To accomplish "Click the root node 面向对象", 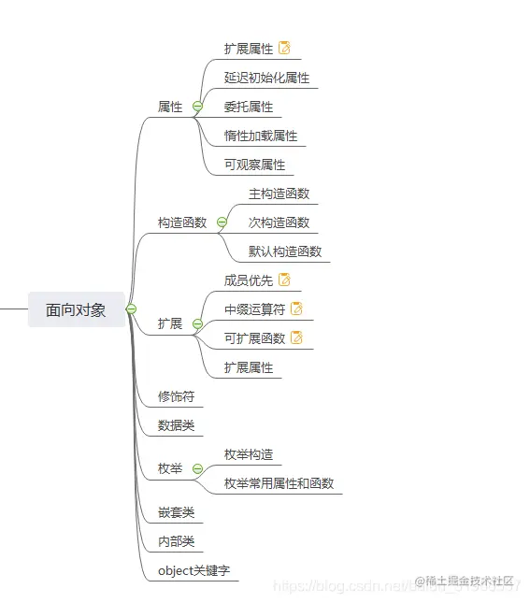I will pyautogui.click(x=76, y=309).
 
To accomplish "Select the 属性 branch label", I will pyautogui.click(x=170, y=107).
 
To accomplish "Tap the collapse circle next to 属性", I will pyautogui.click(x=197, y=107).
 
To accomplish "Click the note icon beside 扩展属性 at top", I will pyautogui.click(x=284, y=48).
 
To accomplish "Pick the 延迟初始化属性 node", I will pyautogui.click(x=266, y=78).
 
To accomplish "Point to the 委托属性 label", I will pyautogui.click(x=248, y=107).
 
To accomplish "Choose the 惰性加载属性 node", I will pyautogui.click(x=260, y=136).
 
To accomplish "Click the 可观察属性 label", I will pyautogui.click(x=254, y=165).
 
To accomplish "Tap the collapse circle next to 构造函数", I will pyautogui.click(x=222, y=223).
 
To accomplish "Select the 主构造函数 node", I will pyautogui.click(x=279, y=194).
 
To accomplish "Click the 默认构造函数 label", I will pyautogui.click(x=284, y=251).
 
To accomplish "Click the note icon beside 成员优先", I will pyautogui.click(x=284, y=280).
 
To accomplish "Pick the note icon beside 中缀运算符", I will pyautogui.click(x=296, y=309).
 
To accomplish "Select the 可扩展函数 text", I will pyautogui.click(x=254, y=337).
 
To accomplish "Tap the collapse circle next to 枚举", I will pyautogui.click(x=197, y=469).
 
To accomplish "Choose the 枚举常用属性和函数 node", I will pyautogui.click(x=279, y=483).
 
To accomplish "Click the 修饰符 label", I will pyautogui.click(x=176, y=396).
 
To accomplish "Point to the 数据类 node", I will pyautogui.click(x=176, y=425).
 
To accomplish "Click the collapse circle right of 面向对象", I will pyautogui.click(x=131, y=309).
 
